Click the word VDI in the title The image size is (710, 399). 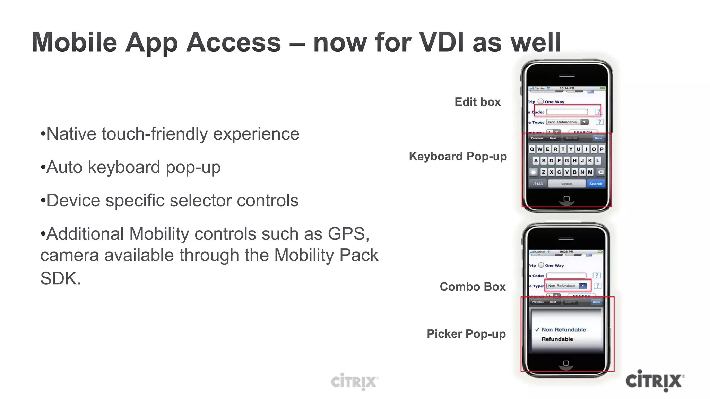pos(441,42)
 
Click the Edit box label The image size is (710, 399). pos(477,102)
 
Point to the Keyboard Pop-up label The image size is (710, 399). pos(458,156)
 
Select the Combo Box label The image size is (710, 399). pos(473,286)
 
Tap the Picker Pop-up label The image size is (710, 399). pos(466,334)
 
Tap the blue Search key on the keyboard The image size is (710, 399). pos(595,184)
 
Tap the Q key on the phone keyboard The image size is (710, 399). pos(532,149)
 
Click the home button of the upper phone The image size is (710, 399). pos(566,199)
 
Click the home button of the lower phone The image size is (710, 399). pos(566,363)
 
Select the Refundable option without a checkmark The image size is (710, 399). pos(557,339)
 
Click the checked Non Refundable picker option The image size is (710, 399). pos(563,330)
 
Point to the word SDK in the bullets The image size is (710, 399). pos(59,278)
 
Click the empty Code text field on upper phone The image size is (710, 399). pos(566,112)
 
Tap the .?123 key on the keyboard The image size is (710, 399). pos(538,184)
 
